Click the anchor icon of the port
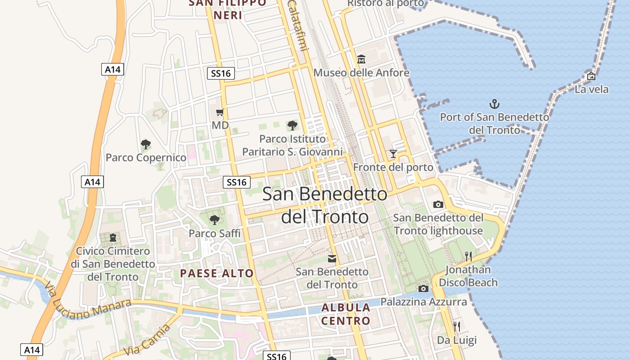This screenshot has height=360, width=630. click(x=495, y=104)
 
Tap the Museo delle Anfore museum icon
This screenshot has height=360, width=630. click(x=361, y=59)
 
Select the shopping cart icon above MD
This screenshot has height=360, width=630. click(x=220, y=112)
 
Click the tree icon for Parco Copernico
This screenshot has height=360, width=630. click(x=145, y=144)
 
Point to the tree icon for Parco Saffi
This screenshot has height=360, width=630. click(x=215, y=220)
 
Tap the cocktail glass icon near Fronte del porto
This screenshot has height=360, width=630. click(x=393, y=154)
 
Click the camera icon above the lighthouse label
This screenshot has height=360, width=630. click(x=438, y=204)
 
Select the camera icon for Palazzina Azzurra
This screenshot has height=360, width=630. click(x=423, y=288)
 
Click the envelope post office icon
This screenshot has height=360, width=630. click(x=332, y=259)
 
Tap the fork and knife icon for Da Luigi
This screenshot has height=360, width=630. click(x=457, y=326)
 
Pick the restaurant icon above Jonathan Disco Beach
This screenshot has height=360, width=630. click(x=468, y=256)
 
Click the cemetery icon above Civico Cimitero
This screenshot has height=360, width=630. click(x=113, y=237)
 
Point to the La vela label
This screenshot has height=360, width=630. click(x=591, y=89)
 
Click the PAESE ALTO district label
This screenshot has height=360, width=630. click(x=217, y=273)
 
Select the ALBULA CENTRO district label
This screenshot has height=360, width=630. click(x=346, y=314)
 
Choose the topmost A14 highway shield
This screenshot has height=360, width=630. click(x=112, y=69)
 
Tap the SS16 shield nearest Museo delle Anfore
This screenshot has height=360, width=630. click(x=221, y=73)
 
